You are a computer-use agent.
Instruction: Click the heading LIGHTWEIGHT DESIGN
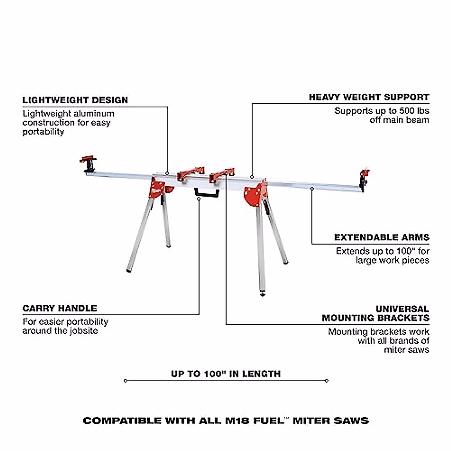point(75,100)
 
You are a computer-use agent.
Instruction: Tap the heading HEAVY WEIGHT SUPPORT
point(369,97)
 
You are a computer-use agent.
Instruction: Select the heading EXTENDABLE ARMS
point(381,238)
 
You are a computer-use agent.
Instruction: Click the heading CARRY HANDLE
point(60,309)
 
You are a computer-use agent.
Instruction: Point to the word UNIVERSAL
point(402,309)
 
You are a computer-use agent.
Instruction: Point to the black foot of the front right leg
point(262,293)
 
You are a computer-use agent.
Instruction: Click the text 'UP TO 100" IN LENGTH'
point(225,374)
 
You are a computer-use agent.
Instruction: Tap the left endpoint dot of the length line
point(126,381)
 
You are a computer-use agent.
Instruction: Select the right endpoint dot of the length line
point(327,381)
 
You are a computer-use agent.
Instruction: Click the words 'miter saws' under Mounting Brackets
point(406,350)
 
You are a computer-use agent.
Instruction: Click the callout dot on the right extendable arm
point(312,189)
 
